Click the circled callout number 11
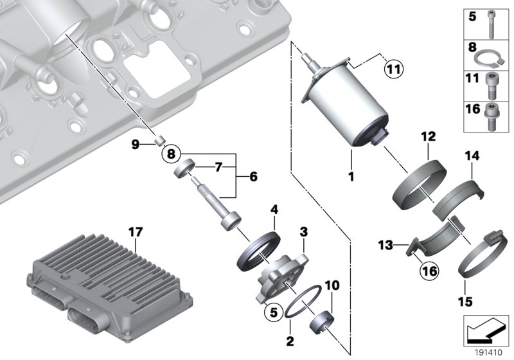(393, 66)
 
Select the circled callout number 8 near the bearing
(172, 154)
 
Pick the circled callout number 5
(273, 314)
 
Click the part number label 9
(136, 145)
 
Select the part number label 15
(465, 300)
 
